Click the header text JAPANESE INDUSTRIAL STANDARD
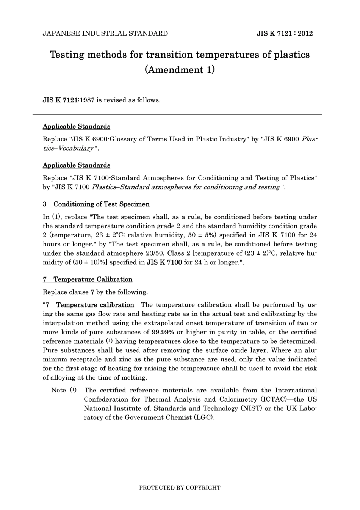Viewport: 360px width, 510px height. [x=105, y=33]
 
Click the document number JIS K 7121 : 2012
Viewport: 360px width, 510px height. [x=285, y=33]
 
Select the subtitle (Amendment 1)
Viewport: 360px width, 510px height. [x=180, y=70]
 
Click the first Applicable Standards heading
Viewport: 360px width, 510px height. [x=77, y=126]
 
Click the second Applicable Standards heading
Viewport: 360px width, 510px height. [x=77, y=165]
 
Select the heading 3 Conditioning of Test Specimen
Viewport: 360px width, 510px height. [x=96, y=204]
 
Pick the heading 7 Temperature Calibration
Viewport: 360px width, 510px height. [x=88, y=279]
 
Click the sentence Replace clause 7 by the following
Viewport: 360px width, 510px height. [x=95, y=292]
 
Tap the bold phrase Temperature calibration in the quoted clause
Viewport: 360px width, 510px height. [x=95, y=305]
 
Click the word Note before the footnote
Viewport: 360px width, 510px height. [x=59, y=390]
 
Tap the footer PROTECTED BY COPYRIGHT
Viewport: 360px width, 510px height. [x=180, y=488]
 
